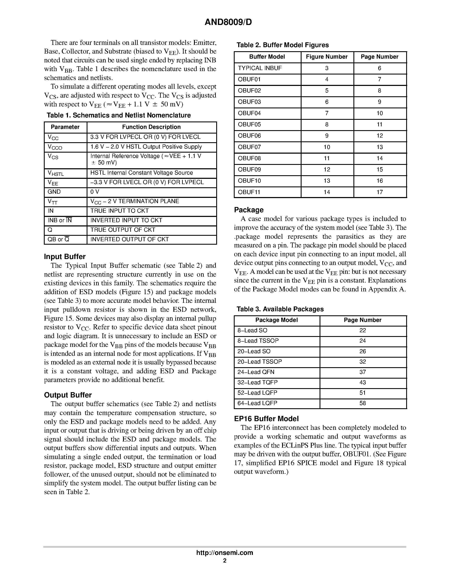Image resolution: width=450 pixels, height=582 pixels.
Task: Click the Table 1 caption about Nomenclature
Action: click(119, 115)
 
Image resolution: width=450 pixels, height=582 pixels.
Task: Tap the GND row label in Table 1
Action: click(54, 192)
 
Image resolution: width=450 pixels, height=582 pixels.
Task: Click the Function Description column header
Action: click(151, 127)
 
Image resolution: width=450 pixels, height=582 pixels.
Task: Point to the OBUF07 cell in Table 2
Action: click(249, 147)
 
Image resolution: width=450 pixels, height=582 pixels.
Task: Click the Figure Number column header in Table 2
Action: click(327, 57)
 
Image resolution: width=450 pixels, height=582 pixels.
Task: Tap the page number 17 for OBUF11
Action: click(380, 192)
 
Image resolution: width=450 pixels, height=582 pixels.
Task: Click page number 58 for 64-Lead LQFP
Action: click(363, 403)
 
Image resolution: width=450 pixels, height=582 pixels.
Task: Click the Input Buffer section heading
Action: click(65, 257)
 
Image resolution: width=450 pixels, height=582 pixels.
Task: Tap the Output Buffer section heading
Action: click(68, 395)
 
